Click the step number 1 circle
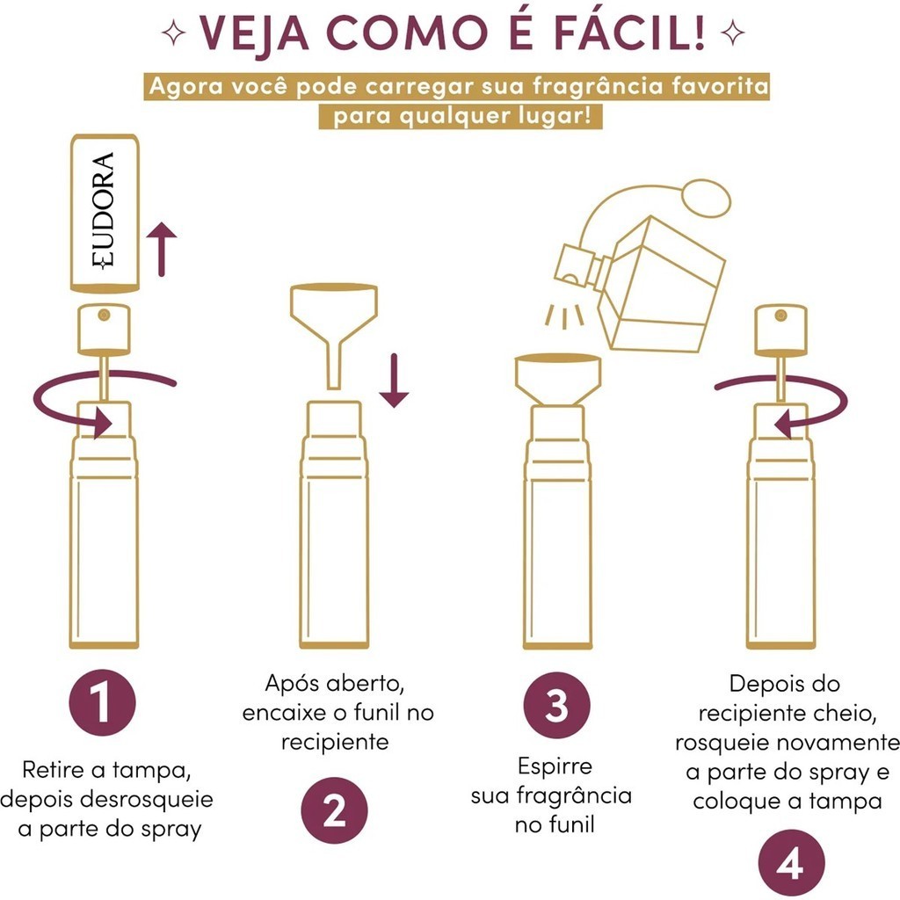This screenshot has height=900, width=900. click(102, 702)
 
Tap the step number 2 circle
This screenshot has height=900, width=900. click(334, 810)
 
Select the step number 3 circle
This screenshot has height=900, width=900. click(556, 706)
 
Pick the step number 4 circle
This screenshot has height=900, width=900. click(791, 863)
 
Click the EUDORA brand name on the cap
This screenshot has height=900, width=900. click(104, 211)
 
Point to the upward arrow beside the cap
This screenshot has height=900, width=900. click(162, 249)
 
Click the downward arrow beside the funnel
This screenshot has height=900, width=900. click(394, 381)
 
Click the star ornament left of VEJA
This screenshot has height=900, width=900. click(173, 33)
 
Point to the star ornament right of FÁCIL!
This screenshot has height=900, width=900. click(732, 33)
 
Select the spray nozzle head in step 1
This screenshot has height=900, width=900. click(104, 329)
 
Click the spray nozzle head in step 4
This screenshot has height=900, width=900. click(780, 329)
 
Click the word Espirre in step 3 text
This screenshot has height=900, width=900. click(555, 766)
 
